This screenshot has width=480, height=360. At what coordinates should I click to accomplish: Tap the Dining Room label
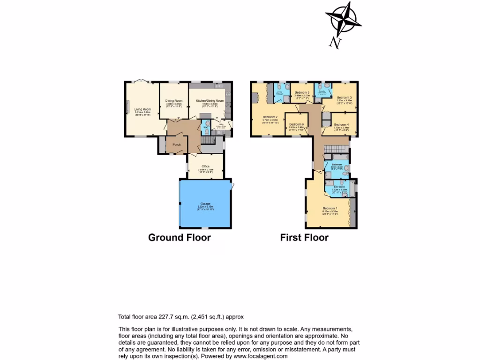[x=174, y=100]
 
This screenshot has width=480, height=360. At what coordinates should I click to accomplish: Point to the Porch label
[x=177, y=144]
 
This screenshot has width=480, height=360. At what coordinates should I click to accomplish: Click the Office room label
[x=205, y=166]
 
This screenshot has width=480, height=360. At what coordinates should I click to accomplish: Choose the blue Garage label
[x=205, y=203]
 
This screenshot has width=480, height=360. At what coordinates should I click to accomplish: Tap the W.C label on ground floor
[x=205, y=126]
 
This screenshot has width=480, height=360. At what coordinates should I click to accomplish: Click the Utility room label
[x=220, y=124]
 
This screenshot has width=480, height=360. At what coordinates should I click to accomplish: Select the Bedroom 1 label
[x=330, y=208]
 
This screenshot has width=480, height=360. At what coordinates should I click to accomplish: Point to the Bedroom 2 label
[x=270, y=117]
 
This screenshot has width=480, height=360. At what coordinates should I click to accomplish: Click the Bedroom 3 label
[x=344, y=97]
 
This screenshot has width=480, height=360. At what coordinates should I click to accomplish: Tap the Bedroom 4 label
[x=341, y=124]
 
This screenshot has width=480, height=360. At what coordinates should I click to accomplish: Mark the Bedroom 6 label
[x=296, y=124]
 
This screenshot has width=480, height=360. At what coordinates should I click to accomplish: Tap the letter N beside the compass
[x=335, y=43]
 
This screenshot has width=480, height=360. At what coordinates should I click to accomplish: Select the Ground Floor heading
[x=180, y=237]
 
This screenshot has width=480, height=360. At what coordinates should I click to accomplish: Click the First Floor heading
[x=304, y=237]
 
